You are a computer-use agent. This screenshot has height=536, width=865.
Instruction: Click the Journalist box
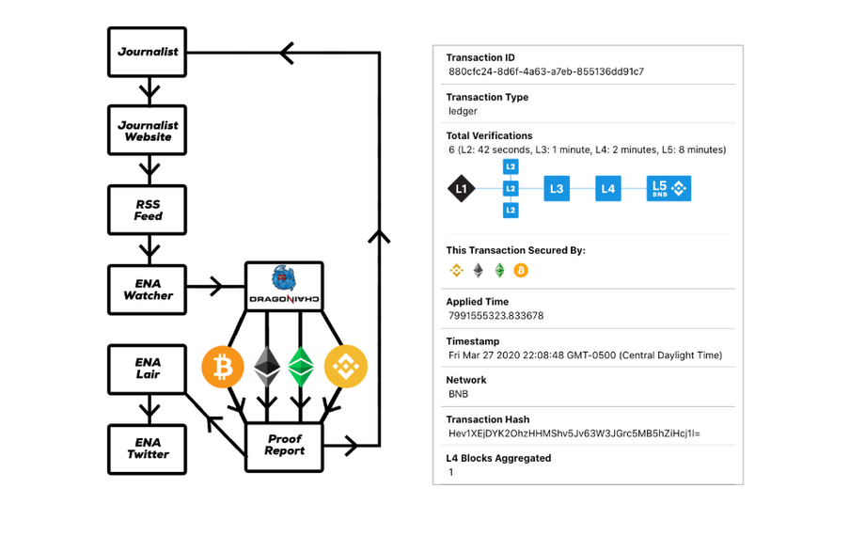click(x=148, y=52)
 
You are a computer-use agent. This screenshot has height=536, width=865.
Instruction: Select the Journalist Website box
click(x=148, y=131)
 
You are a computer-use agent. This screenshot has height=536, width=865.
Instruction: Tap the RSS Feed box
click(x=148, y=210)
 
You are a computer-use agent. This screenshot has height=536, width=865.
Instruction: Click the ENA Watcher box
click(x=148, y=289)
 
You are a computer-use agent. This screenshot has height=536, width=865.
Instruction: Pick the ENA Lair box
click(x=148, y=368)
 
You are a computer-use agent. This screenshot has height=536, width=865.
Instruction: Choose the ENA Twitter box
click(x=148, y=448)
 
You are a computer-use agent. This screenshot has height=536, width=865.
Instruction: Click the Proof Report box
click(x=284, y=445)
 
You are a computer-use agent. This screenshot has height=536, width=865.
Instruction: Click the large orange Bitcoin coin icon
click(x=223, y=368)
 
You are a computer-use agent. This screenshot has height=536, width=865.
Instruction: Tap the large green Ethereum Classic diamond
click(x=301, y=368)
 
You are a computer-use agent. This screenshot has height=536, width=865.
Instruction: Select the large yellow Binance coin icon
click(x=345, y=368)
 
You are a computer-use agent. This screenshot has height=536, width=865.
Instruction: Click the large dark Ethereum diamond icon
click(x=267, y=368)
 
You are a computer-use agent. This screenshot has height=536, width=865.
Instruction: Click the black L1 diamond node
click(x=461, y=189)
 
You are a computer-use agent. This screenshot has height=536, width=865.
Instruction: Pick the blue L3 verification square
click(x=557, y=189)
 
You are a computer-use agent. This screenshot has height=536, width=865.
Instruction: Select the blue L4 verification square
click(x=608, y=189)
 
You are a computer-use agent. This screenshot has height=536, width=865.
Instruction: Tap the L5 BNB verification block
click(x=668, y=189)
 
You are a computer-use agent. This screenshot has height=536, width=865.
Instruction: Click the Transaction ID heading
click(x=480, y=57)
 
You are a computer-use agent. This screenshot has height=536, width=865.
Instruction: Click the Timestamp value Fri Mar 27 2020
click(x=585, y=355)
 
